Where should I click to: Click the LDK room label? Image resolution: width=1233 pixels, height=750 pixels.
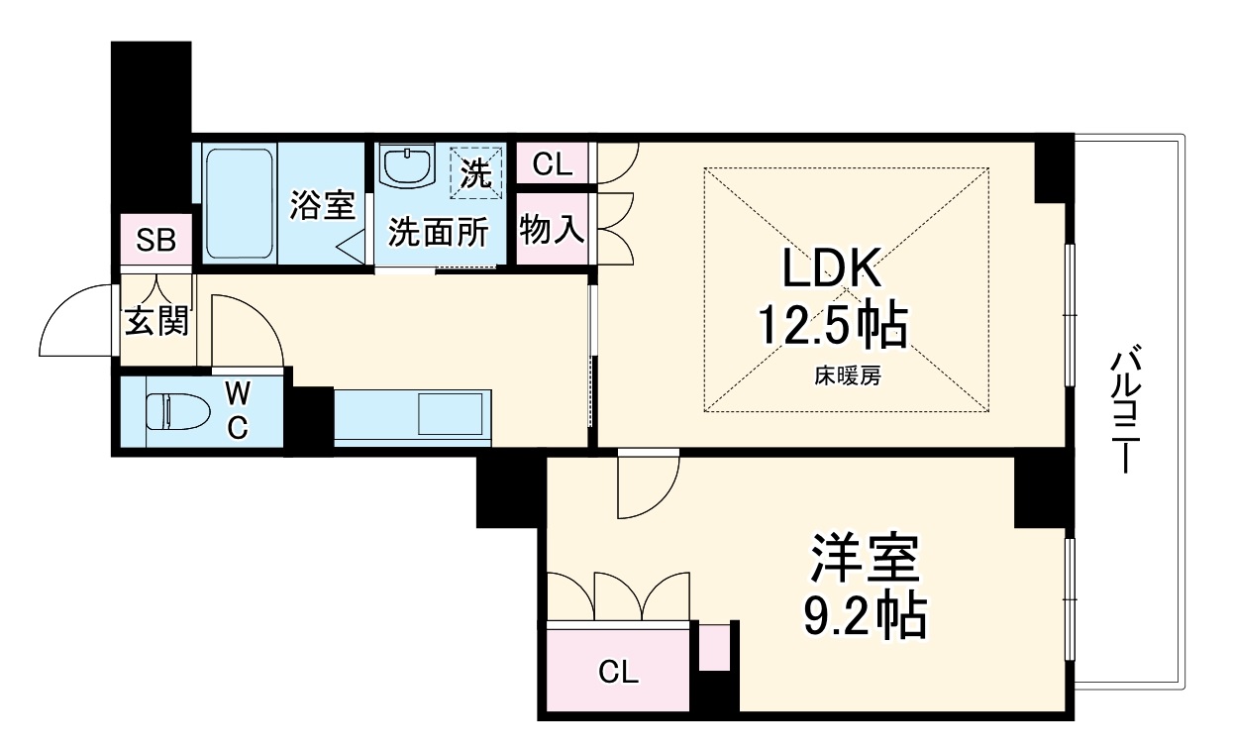pyautogui.click(x=831, y=270)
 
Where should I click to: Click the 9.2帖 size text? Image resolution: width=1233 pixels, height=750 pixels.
pyautogui.click(x=864, y=616)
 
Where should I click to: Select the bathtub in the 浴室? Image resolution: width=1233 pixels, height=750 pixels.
pyautogui.click(x=239, y=203)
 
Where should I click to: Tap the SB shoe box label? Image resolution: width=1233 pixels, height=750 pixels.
pyautogui.click(x=155, y=241)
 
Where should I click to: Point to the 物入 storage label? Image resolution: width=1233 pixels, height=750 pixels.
pyautogui.click(x=552, y=231)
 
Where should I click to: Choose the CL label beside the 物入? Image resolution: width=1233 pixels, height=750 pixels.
pyautogui.click(x=552, y=164)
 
